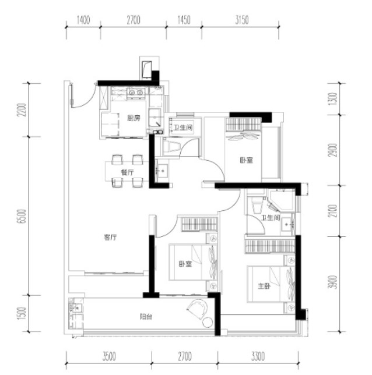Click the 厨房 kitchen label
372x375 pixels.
pyautogui.click(x=134, y=118)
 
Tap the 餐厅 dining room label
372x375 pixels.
pyautogui.click(x=127, y=172)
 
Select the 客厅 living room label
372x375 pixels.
pyautogui.click(x=110, y=237)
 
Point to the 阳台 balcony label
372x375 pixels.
pyautogui.click(x=146, y=317)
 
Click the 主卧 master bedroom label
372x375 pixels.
pyautogui.click(x=264, y=286)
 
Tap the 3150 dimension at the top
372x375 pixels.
pyautogui.click(x=242, y=20)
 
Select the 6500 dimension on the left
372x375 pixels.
pyautogui.click(x=23, y=216)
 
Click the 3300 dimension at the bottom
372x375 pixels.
pyautogui.click(x=258, y=356)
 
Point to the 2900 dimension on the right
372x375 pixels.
pyautogui.click(x=333, y=150)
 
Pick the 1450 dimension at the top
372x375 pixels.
pyautogui.click(x=184, y=20)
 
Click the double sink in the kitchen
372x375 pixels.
pyautogui.click(x=136, y=93)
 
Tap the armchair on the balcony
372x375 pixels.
pyautogui.click(x=197, y=308)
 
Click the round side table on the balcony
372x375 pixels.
pyautogui.click(x=208, y=322)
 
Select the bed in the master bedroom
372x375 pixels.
pyautogui.click(x=271, y=284)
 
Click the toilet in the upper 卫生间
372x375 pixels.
pyautogui.click(x=171, y=146)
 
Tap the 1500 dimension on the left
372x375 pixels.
pyautogui.click(x=23, y=313)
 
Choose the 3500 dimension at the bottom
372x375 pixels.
pyautogui.click(x=109, y=356)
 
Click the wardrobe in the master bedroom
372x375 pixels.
pyautogui.click(x=269, y=246)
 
